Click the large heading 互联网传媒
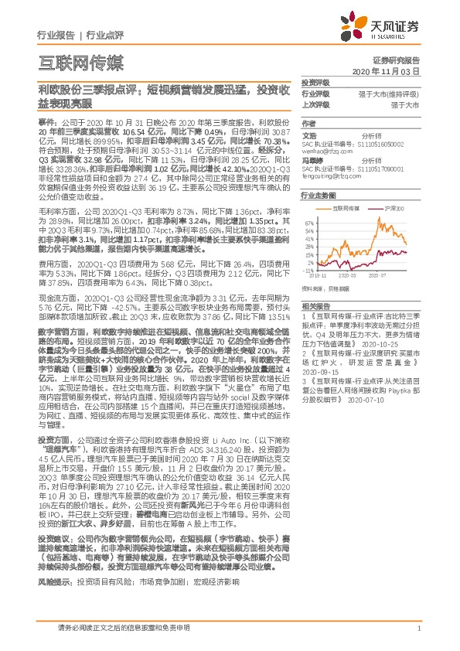coord(80,63)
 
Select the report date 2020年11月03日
coord(387,70)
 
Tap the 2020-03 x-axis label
coord(347,275)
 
